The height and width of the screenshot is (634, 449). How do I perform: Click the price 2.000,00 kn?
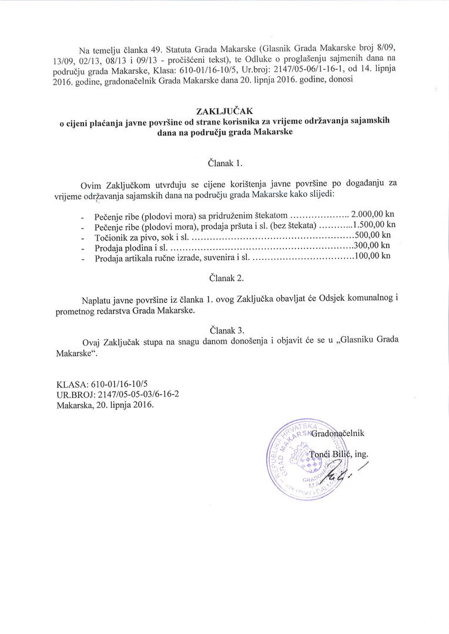(373, 214)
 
